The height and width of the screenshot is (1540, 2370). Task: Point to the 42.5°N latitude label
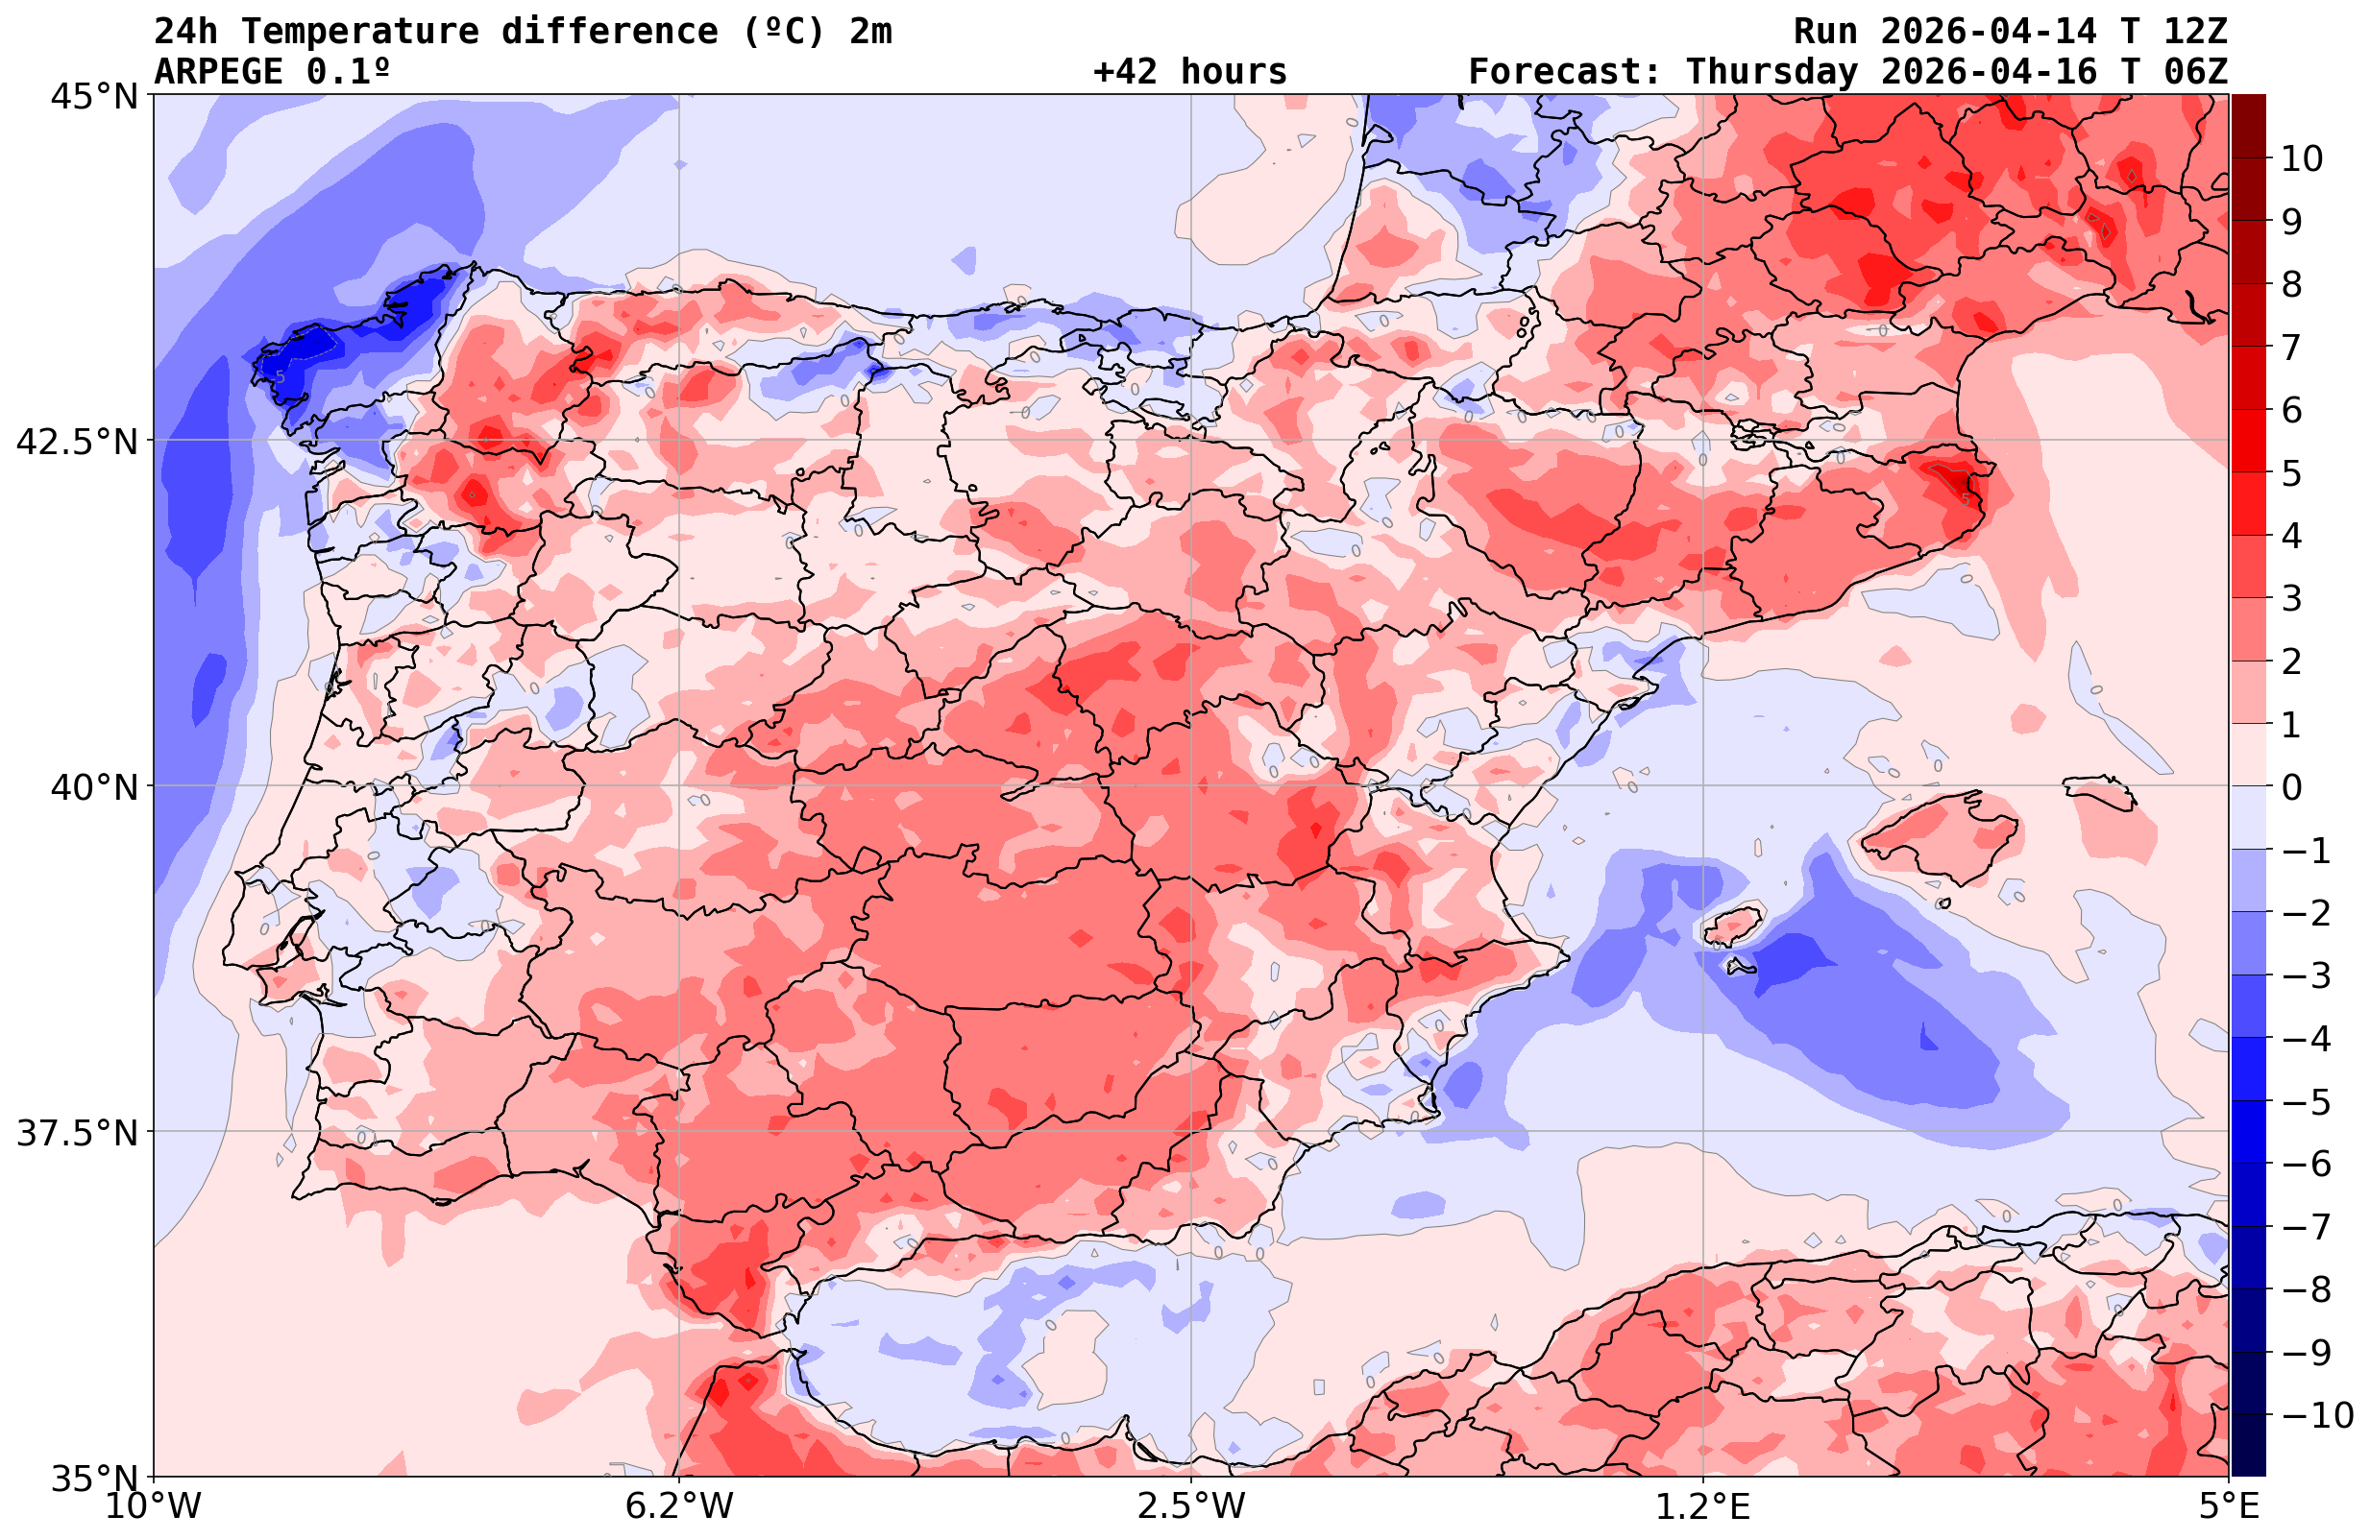coord(77,442)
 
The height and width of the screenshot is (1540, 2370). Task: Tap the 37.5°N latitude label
coord(77,1133)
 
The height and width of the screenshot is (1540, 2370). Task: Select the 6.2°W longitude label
coord(679,1506)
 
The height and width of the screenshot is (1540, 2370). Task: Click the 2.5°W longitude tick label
coord(1191,1506)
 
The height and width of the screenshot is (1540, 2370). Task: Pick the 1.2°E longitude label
coord(1703,1506)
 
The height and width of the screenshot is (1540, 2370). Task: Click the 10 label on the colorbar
coord(2301,158)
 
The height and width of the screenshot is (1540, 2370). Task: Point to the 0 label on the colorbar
coord(2291,787)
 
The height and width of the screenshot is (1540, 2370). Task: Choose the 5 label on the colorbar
coord(2291,474)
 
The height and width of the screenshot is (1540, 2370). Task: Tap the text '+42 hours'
coord(1190,72)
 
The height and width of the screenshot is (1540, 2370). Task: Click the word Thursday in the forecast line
coord(1771,72)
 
